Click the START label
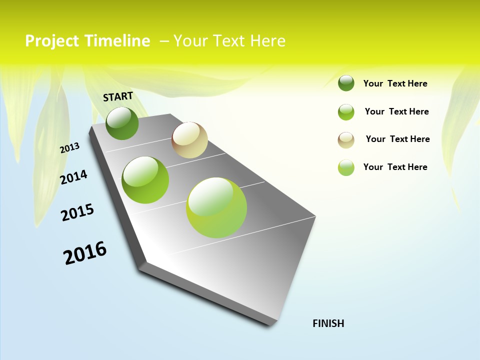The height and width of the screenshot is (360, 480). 118,96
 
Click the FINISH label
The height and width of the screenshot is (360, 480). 328,323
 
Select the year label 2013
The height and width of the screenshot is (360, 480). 70,148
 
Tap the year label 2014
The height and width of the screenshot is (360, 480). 74,177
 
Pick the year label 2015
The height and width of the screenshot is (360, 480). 77,212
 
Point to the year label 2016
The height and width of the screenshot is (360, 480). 85,253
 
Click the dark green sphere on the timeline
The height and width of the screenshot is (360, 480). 122,123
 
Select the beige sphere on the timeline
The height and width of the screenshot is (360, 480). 189,140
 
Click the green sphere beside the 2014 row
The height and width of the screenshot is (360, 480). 145,180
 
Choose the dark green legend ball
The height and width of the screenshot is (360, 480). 346,83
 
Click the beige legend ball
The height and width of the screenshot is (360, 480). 346,140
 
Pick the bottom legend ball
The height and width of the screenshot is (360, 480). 346,167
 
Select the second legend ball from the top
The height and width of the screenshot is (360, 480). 346,112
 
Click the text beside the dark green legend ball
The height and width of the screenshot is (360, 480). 395,83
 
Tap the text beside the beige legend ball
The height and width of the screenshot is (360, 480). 397,139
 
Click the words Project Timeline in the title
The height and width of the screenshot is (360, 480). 87,41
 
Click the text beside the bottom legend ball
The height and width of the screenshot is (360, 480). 395,167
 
